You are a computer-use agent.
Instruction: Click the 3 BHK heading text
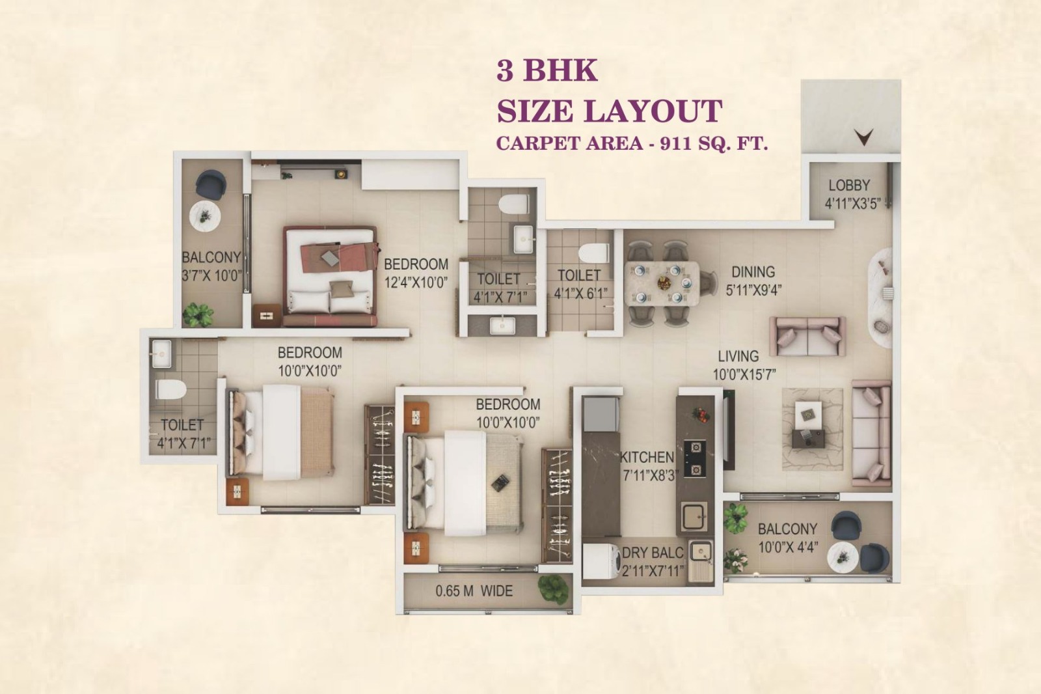(x=547, y=70)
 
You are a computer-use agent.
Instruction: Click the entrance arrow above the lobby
(x=864, y=136)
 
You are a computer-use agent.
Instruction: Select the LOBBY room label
(x=849, y=186)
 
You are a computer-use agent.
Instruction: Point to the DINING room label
(x=753, y=272)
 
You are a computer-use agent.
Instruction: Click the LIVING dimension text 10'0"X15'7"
(x=744, y=374)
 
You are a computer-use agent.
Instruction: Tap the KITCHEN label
(x=647, y=457)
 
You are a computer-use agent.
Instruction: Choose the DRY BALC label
(x=653, y=553)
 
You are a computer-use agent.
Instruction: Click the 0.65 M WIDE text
(x=474, y=591)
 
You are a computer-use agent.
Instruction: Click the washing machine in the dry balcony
(x=600, y=562)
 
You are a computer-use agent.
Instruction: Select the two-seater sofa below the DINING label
(x=807, y=336)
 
